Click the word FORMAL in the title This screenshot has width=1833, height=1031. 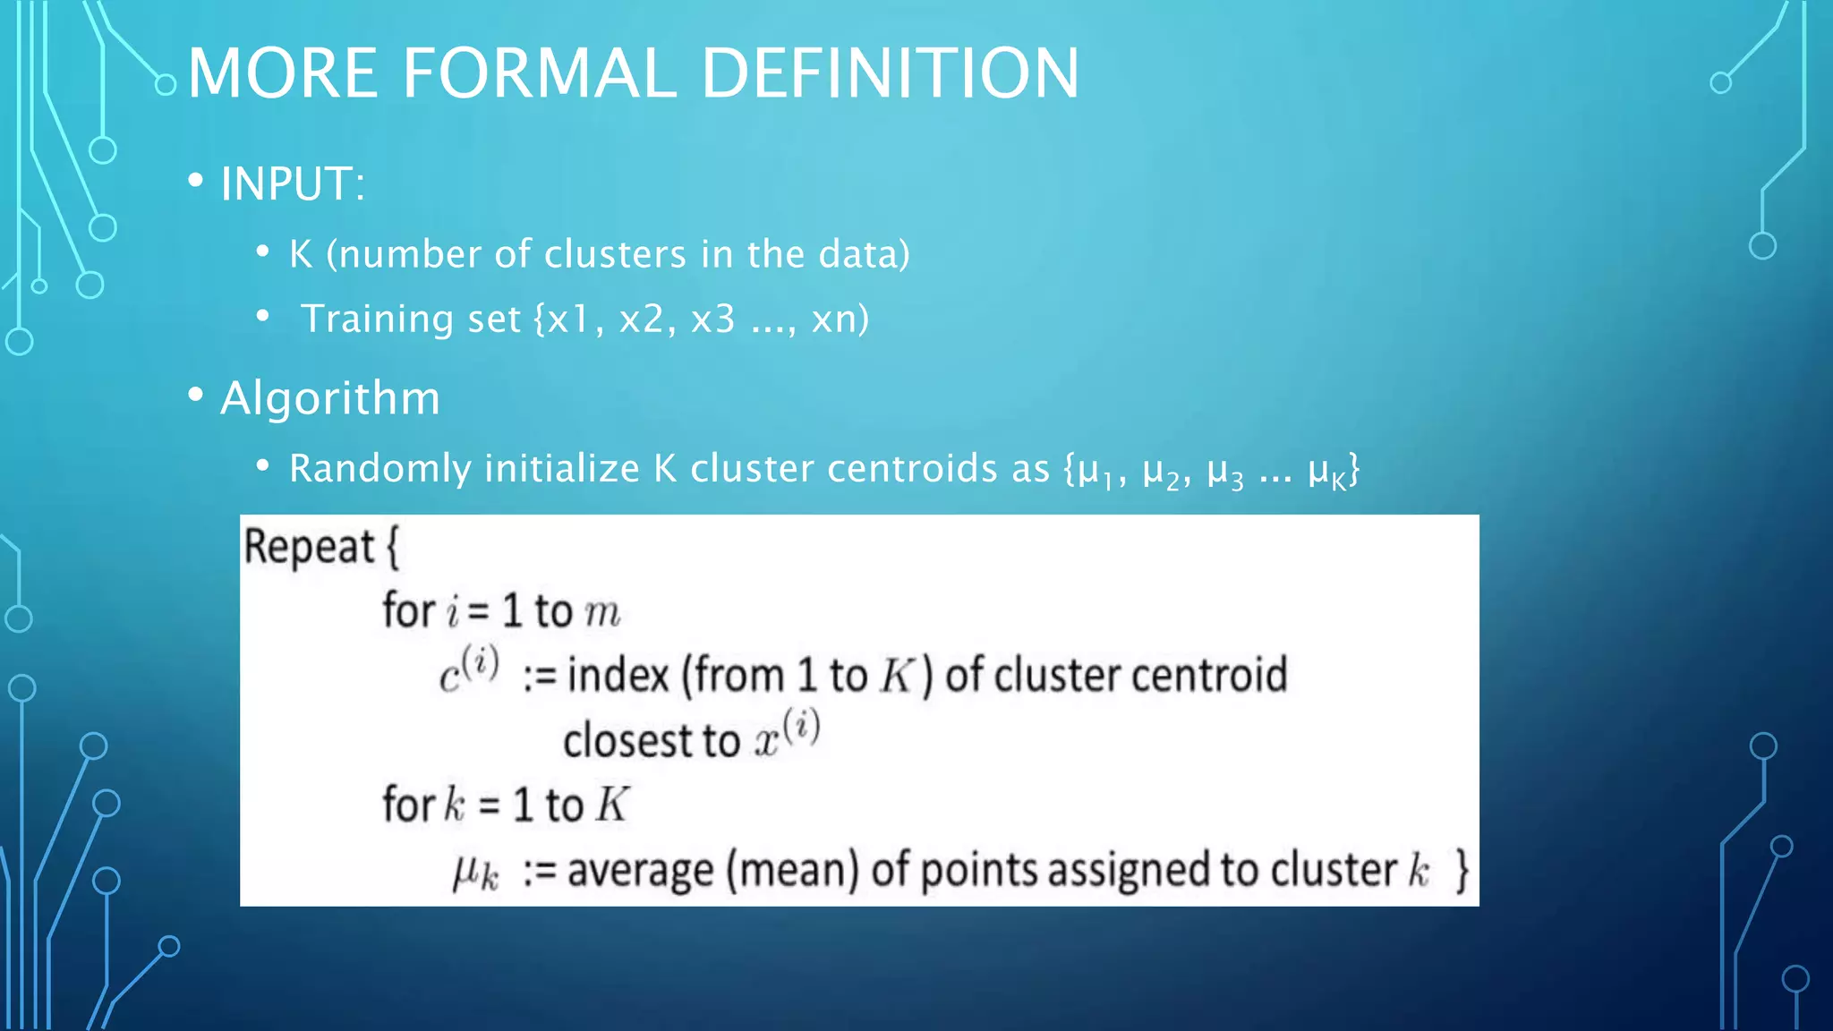point(540,73)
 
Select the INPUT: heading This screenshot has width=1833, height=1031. point(293,184)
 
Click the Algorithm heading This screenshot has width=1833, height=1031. point(330,398)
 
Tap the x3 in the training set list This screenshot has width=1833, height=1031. point(712,320)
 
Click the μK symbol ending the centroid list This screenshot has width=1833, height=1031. point(1326,472)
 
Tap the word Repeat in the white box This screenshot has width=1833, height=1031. point(309,547)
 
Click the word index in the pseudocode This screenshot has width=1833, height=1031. point(618,675)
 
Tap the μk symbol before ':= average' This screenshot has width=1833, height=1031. point(475,871)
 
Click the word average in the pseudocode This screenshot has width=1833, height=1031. point(641,871)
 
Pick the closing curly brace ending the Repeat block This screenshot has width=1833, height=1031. point(1462,870)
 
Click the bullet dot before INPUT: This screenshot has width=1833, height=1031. point(196,181)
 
